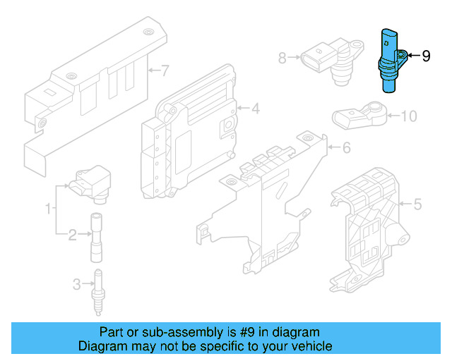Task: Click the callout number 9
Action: [426, 56]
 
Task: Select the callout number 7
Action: [165, 71]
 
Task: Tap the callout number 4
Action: [255, 109]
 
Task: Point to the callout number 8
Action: [282, 59]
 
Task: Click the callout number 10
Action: [410, 116]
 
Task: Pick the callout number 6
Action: [346, 149]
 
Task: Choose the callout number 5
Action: [417, 205]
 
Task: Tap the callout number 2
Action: [72, 235]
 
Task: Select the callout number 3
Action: [77, 285]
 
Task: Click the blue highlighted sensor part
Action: [388, 61]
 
